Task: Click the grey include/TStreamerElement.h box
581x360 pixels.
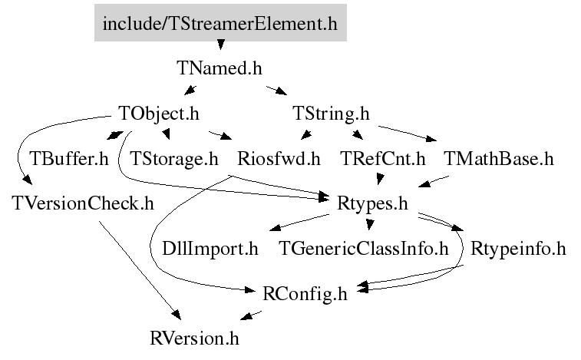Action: pos(220,24)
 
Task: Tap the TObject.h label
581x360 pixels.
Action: pos(160,114)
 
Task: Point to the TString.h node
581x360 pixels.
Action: pos(332,114)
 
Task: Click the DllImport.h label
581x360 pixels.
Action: pos(210,249)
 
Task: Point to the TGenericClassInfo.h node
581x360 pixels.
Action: pos(363,249)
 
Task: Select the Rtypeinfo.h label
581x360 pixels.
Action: pos(518,249)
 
